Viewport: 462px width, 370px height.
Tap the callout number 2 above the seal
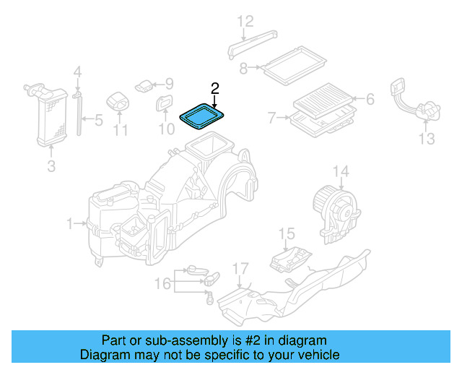214,89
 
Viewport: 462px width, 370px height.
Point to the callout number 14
340,171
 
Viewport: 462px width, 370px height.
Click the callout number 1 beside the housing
71,225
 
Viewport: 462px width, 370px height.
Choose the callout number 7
272,117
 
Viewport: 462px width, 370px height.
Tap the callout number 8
243,68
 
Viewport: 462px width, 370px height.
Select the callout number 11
120,131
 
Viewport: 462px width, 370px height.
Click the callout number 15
287,233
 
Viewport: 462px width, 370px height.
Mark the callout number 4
78,72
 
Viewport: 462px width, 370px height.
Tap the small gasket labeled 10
165,105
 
